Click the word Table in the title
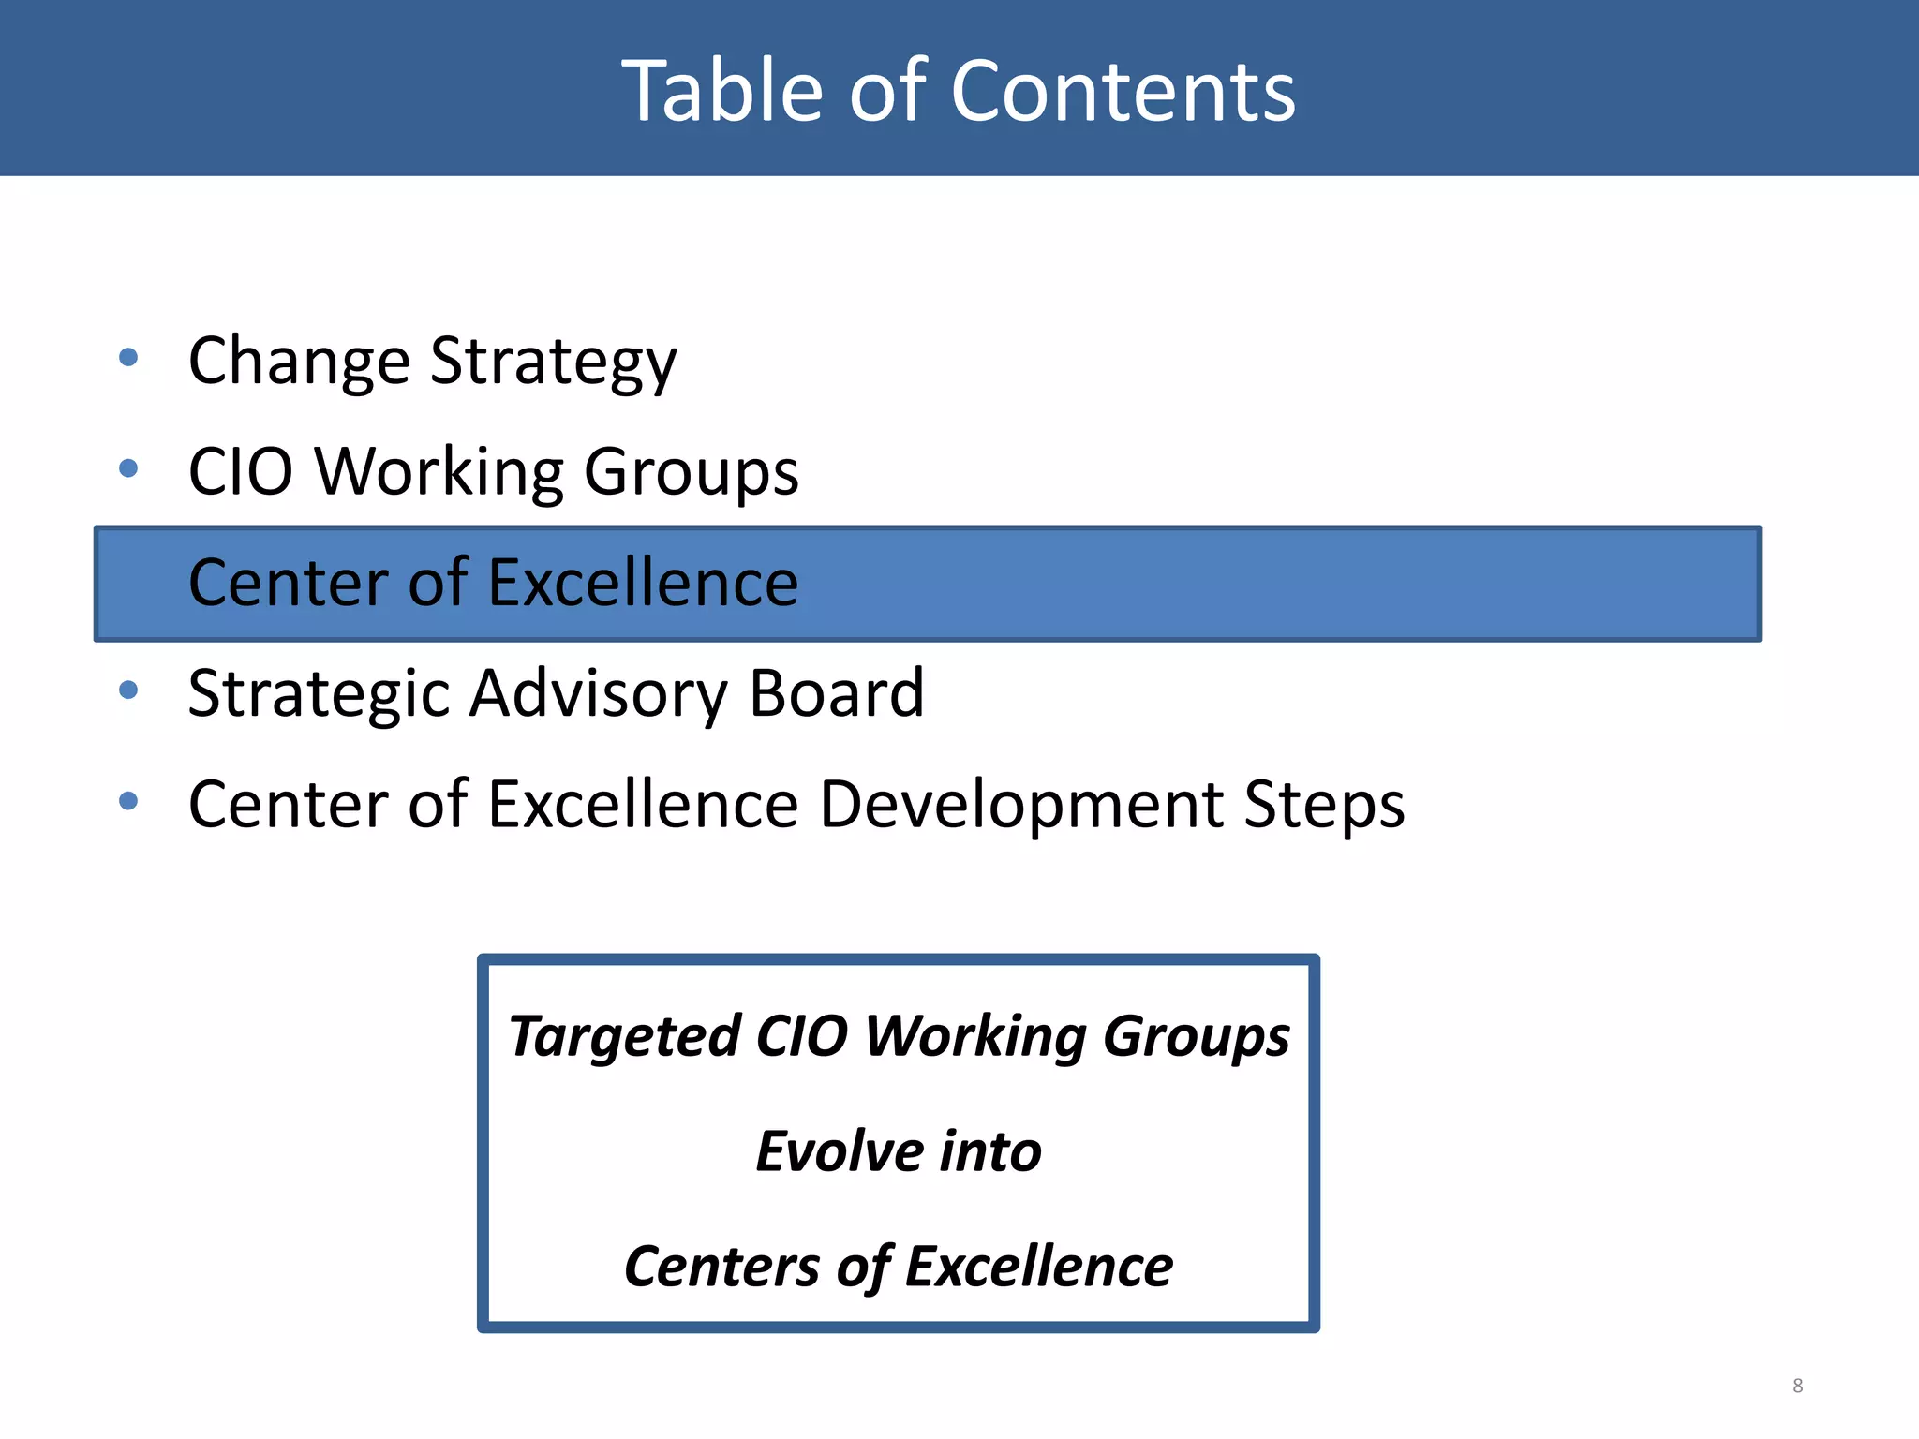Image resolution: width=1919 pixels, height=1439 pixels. point(721,91)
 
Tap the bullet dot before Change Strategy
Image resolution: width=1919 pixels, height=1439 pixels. point(129,357)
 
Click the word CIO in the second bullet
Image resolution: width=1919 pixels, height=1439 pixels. point(241,471)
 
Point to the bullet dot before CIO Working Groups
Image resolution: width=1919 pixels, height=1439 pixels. point(129,467)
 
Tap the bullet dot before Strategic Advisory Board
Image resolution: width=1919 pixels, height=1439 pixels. point(129,690)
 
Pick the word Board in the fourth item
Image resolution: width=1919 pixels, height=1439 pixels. point(836,693)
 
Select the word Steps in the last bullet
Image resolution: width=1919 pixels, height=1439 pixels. point(1323,806)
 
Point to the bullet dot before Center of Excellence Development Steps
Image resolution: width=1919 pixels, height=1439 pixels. point(129,801)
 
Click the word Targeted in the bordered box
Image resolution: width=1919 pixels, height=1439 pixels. point(625,1037)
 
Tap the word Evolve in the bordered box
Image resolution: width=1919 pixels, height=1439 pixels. point(840,1151)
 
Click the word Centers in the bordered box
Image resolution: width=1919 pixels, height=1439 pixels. point(722,1267)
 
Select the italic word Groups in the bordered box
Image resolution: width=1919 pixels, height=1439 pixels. point(1196,1037)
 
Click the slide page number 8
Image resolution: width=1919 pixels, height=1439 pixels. point(1797,1386)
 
